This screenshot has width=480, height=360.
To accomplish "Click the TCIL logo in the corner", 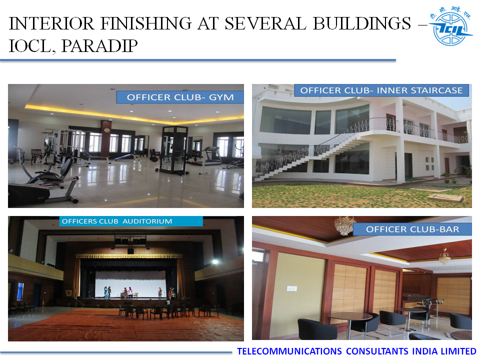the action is pyautogui.click(x=450, y=26).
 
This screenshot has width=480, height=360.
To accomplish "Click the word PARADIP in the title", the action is pyautogui.click(x=99, y=46).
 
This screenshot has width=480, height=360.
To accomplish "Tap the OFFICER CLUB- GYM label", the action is pyautogui.click(x=180, y=97).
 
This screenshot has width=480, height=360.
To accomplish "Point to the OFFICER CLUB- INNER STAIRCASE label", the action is pyautogui.click(x=381, y=90).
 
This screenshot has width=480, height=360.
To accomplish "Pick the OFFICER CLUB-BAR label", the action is pyautogui.click(x=412, y=229).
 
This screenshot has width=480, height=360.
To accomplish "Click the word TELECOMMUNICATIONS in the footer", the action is pyautogui.click(x=289, y=351).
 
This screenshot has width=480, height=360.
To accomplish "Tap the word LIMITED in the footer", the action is pyautogui.click(x=458, y=351).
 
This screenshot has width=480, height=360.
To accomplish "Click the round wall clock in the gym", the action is pyautogui.click(x=106, y=130).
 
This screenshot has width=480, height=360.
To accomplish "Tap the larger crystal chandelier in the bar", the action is pyautogui.click(x=345, y=225).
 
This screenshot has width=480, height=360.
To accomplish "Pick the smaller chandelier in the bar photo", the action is pyautogui.click(x=444, y=257).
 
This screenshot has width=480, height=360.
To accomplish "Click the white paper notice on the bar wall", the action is pyautogui.click(x=291, y=288).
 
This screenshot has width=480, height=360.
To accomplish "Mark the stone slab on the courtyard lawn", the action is pyautogui.click(x=445, y=198).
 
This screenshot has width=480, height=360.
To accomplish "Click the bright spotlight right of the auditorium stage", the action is pyautogui.click(x=215, y=261).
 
